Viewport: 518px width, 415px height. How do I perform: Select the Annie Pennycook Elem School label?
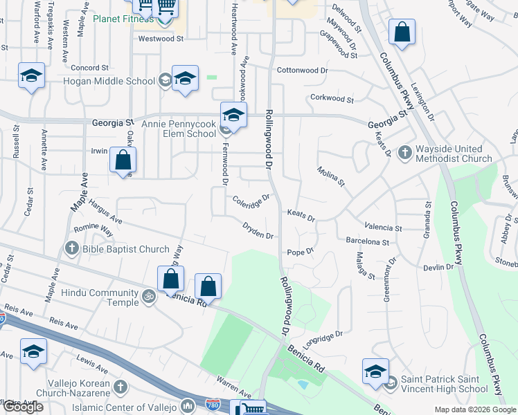pyautogui.click(x=179, y=129)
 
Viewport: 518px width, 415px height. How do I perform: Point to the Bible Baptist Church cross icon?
pyautogui.click(x=72, y=248)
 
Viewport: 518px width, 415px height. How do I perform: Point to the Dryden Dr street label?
pyautogui.click(x=258, y=230)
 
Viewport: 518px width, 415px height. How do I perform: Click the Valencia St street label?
pyautogui.click(x=383, y=228)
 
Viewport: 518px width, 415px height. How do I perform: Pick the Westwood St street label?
pyautogui.click(x=160, y=39)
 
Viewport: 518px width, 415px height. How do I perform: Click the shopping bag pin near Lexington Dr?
pyautogui.click(x=402, y=33)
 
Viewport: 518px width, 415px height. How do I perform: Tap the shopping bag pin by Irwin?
pyautogui.click(x=123, y=160)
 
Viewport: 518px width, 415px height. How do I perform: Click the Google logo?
pyautogui.click(x=23, y=407)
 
